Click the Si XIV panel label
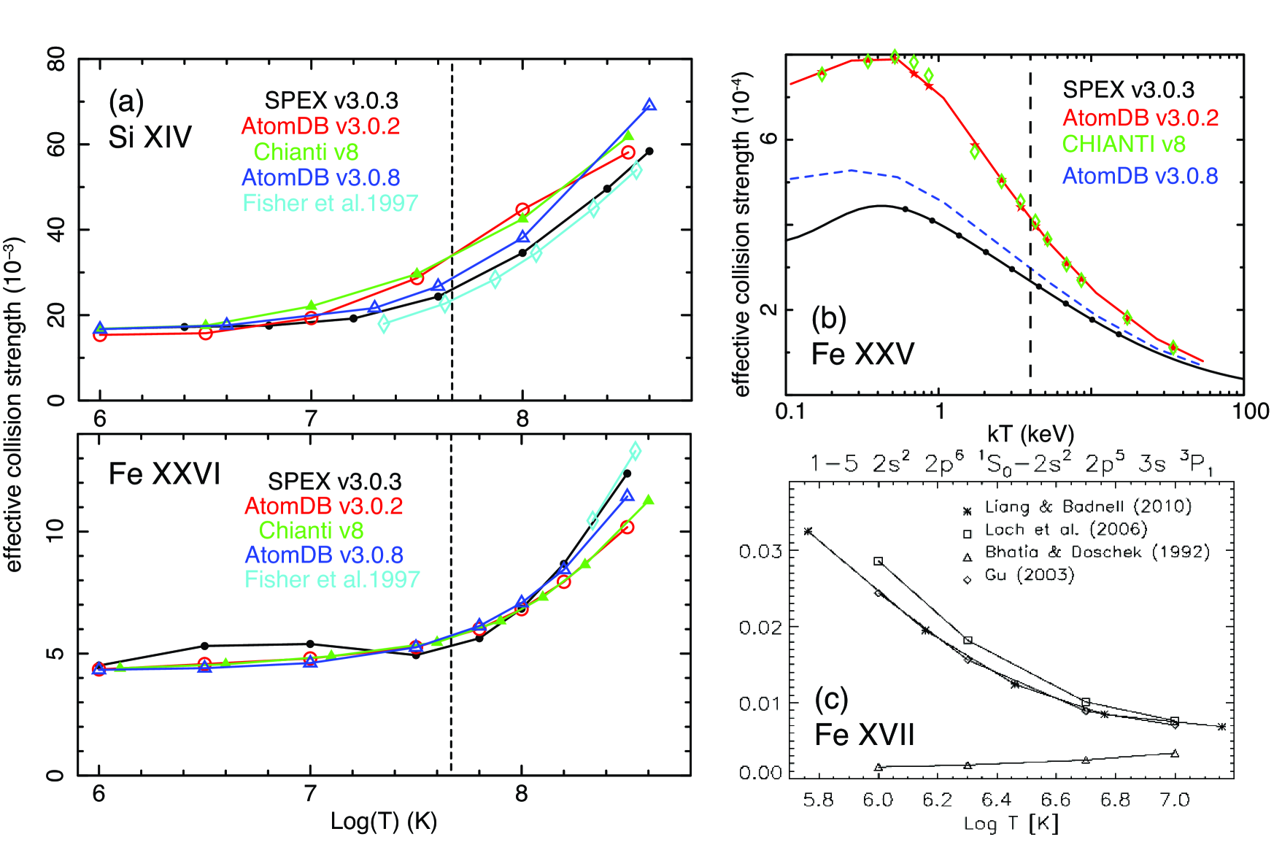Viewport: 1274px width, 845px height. (150, 136)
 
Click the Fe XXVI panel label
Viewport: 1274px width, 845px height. (164, 474)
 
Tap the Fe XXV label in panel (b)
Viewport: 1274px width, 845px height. (862, 354)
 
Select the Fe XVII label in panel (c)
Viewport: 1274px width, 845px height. (864, 734)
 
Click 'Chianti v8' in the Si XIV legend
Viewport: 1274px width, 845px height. (306, 152)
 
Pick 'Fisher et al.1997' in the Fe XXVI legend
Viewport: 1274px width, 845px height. (332, 579)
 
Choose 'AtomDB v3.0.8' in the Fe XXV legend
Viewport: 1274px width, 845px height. (1140, 176)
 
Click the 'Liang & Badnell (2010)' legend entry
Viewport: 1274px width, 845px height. (1087, 506)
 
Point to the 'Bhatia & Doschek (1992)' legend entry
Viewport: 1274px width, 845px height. (1097, 552)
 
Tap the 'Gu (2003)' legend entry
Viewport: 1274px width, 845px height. (1030, 575)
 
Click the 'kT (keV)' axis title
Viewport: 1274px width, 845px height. (1030, 434)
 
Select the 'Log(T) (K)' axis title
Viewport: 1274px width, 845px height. (383, 822)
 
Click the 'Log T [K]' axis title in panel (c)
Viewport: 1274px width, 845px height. (1011, 824)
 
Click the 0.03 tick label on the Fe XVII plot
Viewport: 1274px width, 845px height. (760, 551)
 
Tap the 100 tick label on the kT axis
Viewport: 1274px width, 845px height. (1250, 412)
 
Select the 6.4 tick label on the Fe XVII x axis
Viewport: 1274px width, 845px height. (996, 800)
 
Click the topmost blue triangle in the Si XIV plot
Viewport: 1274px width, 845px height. (649, 105)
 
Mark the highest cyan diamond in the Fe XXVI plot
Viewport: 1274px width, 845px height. (635, 451)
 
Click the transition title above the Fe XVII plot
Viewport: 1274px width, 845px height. (1011, 464)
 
